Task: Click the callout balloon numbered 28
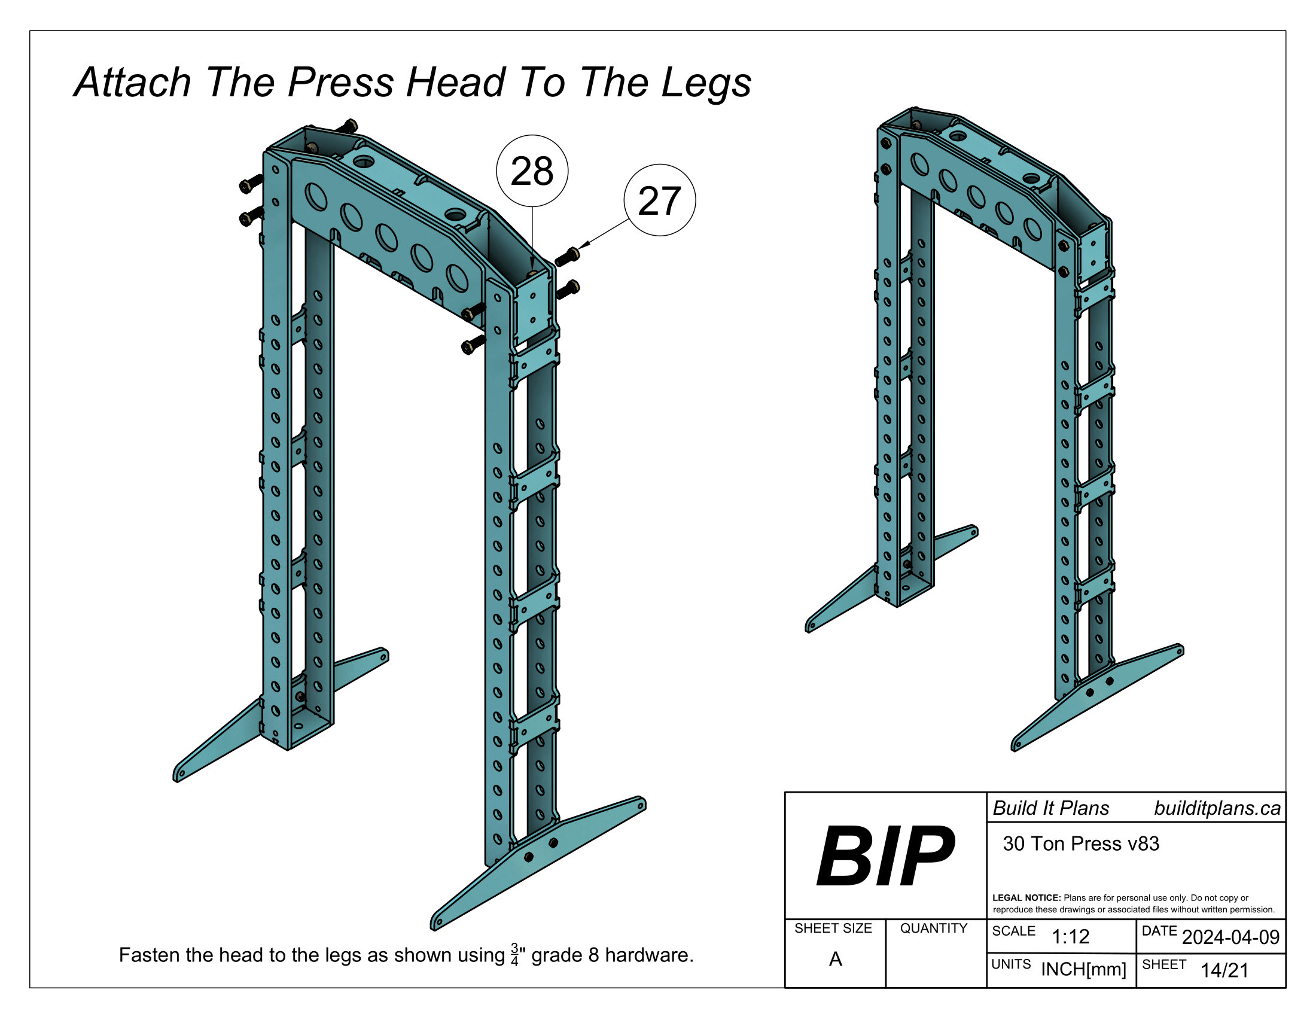[x=531, y=171]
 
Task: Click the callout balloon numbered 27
[x=659, y=200]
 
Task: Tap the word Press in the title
[x=340, y=83]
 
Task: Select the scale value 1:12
[x=1070, y=936]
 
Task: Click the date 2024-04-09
[x=1230, y=937]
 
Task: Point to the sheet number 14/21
[x=1224, y=970]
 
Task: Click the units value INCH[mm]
[x=1083, y=969]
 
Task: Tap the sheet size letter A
[x=835, y=958]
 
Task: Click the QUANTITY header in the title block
[x=933, y=928]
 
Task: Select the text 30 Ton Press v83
[x=1080, y=844]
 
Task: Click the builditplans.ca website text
[x=1217, y=809]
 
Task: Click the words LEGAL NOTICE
[x=1026, y=898]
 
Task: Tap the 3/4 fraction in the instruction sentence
[x=514, y=955]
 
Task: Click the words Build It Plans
[x=1051, y=809]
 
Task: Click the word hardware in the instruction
[x=649, y=955]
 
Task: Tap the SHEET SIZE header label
[x=833, y=928]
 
